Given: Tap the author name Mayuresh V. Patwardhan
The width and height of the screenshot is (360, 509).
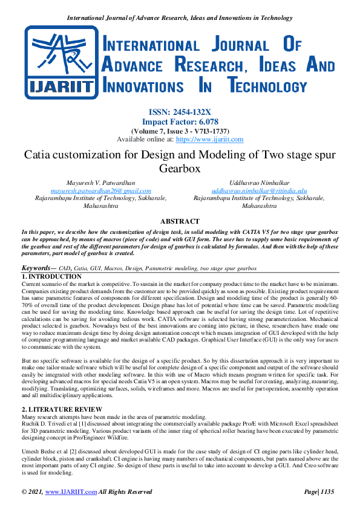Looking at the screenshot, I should pos(100,182).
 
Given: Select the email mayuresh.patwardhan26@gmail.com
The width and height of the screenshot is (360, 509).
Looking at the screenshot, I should pos(100,190).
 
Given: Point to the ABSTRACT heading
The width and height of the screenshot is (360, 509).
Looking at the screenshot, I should pos(180,222).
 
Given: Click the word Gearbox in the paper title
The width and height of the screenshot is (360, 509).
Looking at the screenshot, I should pos(179,169).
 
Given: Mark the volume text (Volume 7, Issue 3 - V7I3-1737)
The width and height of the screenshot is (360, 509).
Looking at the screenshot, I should pos(180,131).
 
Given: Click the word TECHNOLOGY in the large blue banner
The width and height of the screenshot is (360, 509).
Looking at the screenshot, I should pos(279,86).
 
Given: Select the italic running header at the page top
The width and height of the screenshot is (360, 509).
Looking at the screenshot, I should pos(180,18).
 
